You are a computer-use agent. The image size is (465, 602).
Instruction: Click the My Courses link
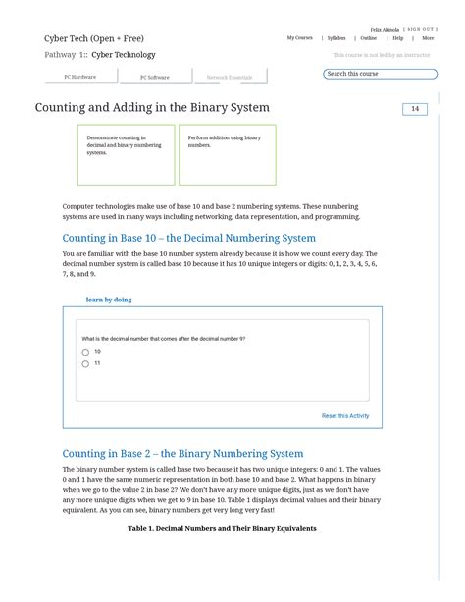(299, 38)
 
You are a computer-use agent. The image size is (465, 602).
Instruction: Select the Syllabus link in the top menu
(336, 38)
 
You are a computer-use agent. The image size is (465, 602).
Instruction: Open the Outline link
(368, 38)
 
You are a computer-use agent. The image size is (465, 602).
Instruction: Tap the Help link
(398, 38)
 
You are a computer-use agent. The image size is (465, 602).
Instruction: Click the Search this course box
(380, 74)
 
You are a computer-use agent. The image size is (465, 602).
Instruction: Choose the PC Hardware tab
(80, 77)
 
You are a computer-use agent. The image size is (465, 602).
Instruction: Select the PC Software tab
(154, 77)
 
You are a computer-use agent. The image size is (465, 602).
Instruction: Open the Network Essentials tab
(229, 77)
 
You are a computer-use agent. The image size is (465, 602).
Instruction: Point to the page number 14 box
(414, 109)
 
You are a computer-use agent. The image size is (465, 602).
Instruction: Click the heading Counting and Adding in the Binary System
(152, 107)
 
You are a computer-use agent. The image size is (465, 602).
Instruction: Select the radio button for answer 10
(85, 352)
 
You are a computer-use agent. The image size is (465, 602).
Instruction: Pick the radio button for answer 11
(85, 364)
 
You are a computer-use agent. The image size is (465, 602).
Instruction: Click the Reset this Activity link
(345, 416)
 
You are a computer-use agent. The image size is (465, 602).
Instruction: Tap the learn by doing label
(109, 300)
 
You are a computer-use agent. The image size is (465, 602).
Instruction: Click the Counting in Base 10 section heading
(188, 238)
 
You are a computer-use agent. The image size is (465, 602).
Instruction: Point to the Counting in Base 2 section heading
(182, 454)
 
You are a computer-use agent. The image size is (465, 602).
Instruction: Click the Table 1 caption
(222, 528)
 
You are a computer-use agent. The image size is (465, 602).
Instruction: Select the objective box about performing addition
(227, 154)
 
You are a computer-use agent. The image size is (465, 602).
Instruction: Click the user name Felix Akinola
(385, 30)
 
